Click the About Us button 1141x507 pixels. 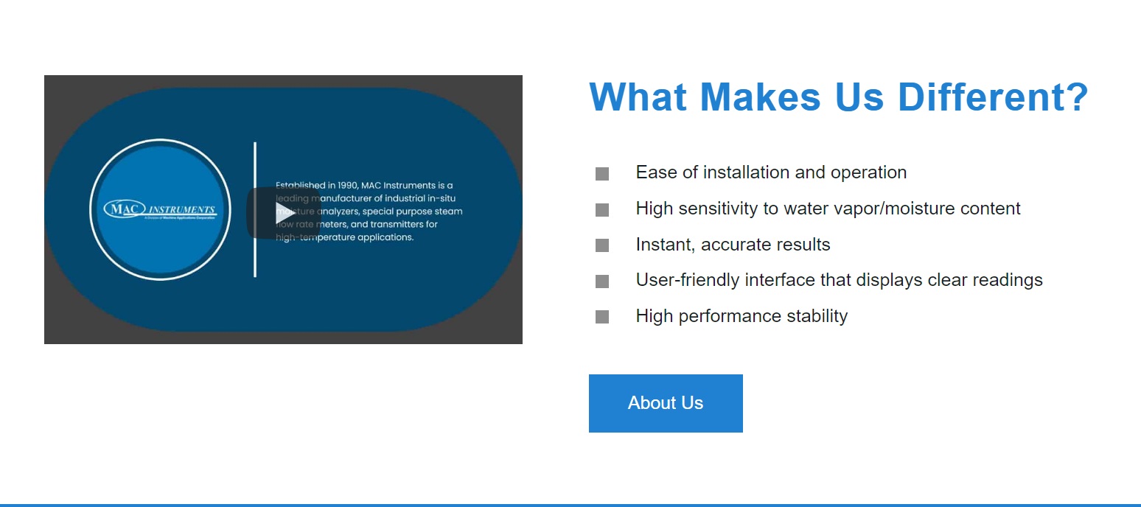point(665,403)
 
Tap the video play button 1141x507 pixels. point(284,214)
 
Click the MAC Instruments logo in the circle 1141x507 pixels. point(160,210)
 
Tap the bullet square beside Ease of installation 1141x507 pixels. point(602,174)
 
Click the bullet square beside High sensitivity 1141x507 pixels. point(602,210)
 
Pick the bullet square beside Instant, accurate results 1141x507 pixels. point(602,245)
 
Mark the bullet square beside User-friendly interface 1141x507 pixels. point(602,282)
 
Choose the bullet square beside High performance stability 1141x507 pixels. point(602,317)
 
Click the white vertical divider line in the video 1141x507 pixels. point(255,209)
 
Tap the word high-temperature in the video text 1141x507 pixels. point(307,238)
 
